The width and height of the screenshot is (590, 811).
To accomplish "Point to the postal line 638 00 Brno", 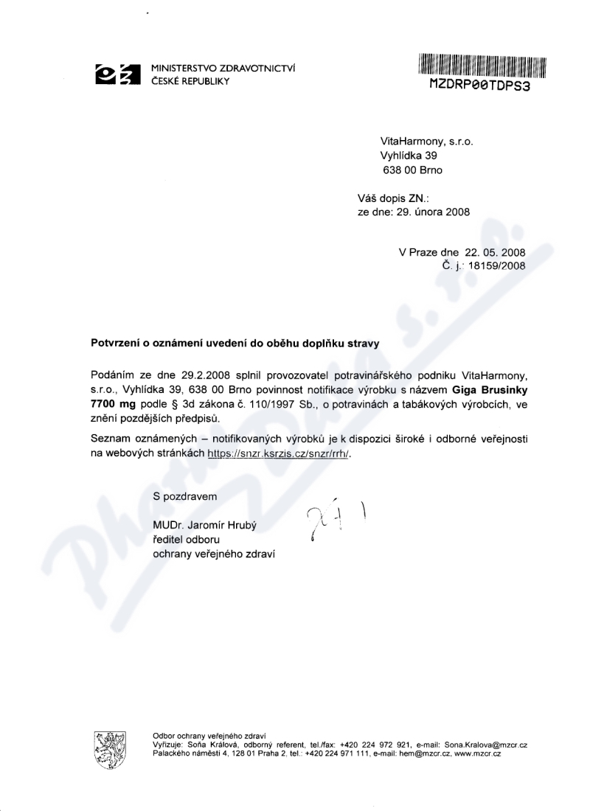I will [414, 170].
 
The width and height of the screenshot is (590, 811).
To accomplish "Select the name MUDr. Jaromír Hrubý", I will [206, 525].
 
